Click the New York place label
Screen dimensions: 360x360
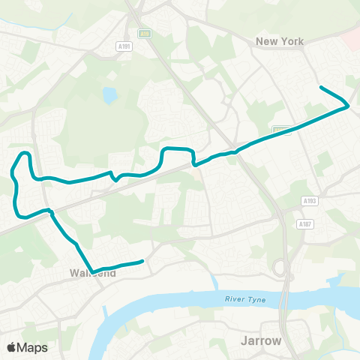280,41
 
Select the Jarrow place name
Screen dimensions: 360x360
261,340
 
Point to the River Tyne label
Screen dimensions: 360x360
244,300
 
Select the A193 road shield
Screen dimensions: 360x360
309,201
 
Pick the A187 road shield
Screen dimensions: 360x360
304,223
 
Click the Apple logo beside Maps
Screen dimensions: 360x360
11,347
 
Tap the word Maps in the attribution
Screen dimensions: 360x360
33,347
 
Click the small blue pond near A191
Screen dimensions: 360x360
110,95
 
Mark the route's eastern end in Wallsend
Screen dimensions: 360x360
142,262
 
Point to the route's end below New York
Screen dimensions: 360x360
322,88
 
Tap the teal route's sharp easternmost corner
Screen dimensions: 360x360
347,106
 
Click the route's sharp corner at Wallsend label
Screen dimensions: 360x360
91,271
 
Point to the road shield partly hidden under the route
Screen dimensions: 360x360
280,129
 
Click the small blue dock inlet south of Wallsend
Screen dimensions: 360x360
215,283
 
